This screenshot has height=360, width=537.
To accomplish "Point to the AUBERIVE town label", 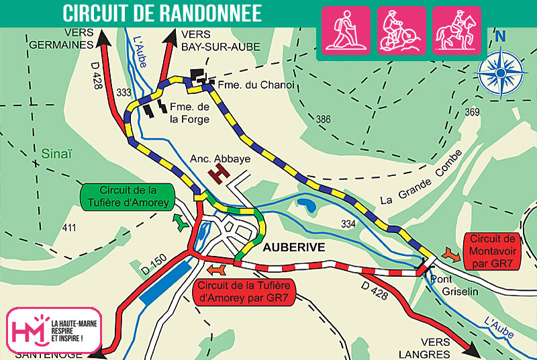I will point(294,247).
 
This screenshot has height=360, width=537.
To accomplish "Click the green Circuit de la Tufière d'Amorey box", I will point(128,196).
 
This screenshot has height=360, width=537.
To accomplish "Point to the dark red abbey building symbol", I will point(218,175).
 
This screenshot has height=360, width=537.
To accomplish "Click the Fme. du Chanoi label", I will point(247,85).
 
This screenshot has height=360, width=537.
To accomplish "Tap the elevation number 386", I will point(324,120).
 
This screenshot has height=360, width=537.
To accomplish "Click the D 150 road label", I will point(152,265).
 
